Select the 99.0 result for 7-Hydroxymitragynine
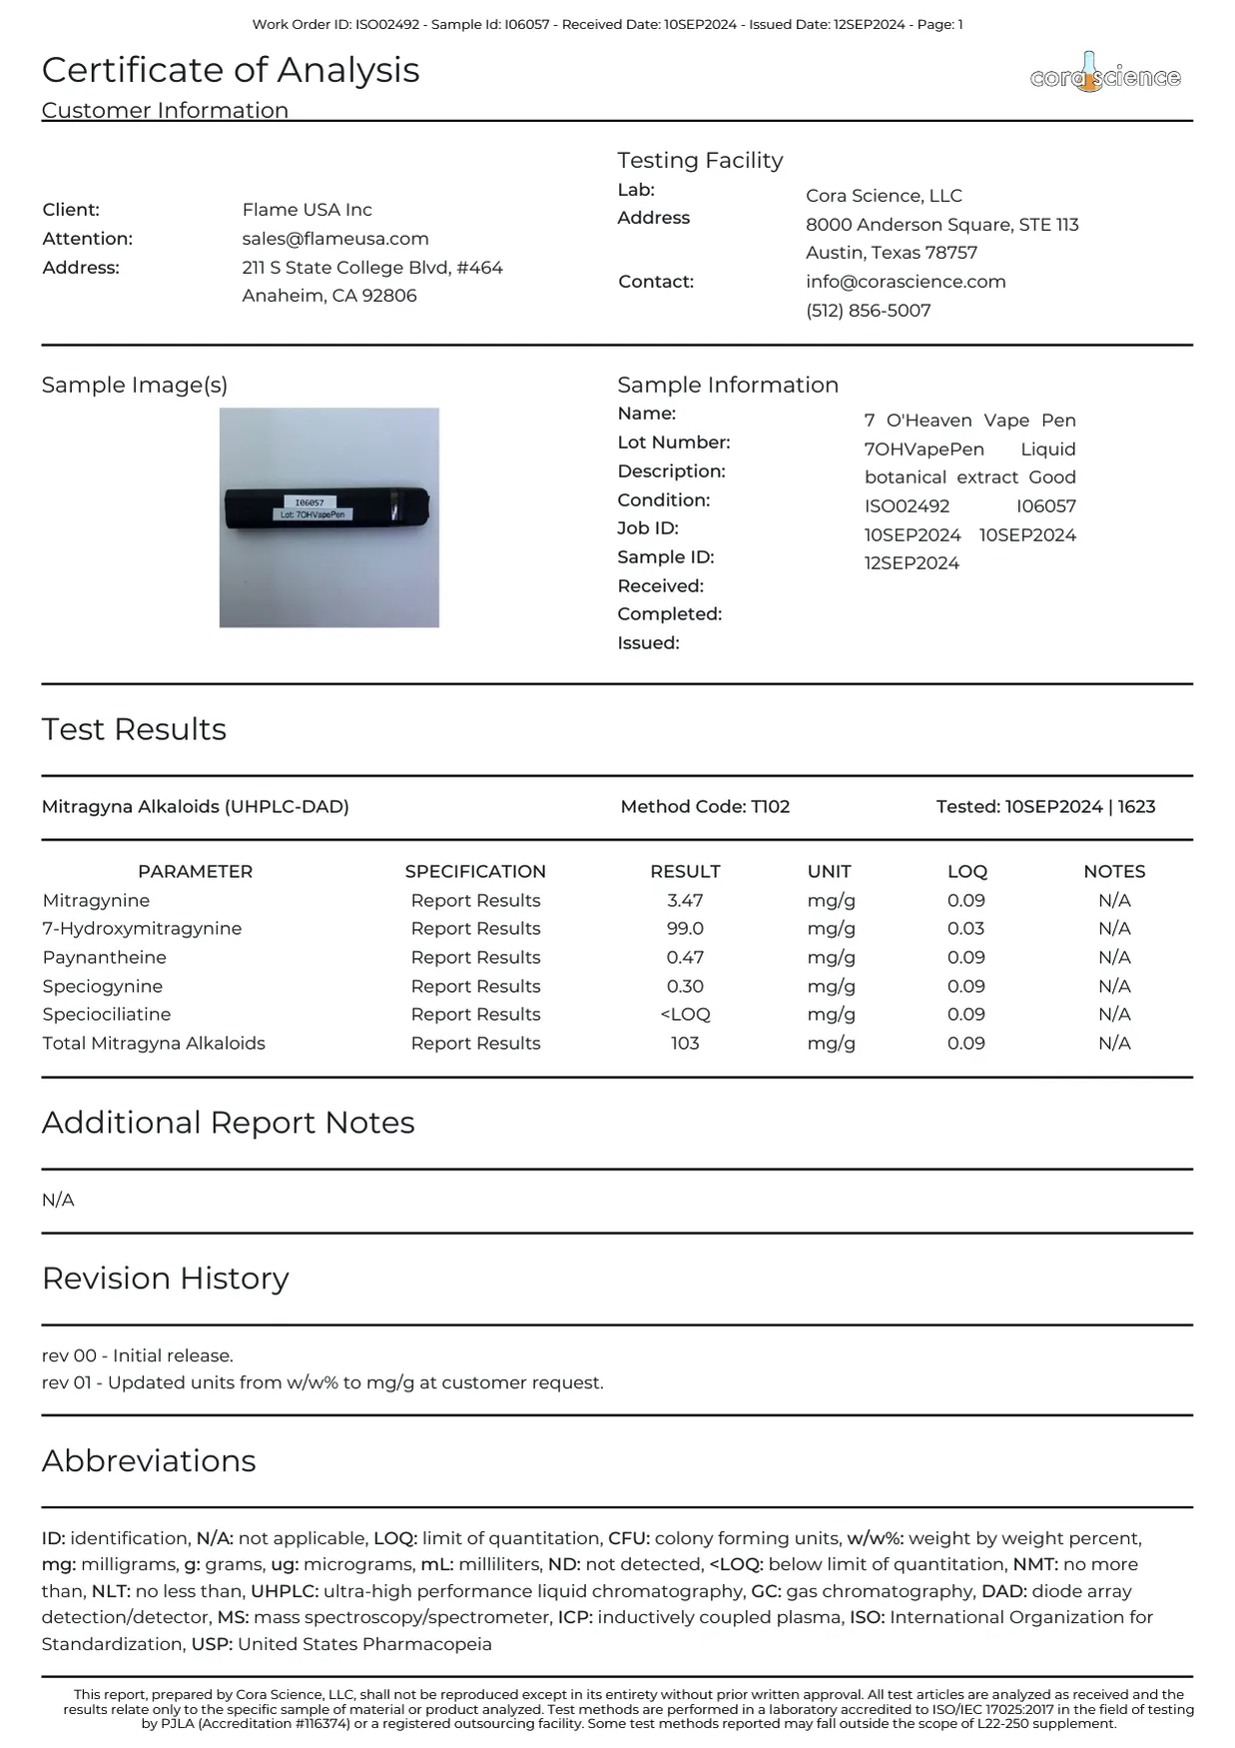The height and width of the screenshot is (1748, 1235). click(x=685, y=928)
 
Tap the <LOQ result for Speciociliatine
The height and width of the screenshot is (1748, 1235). click(x=685, y=1014)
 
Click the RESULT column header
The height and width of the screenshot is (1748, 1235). click(x=685, y=871)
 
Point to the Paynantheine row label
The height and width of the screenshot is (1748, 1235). click(x=105, y=957)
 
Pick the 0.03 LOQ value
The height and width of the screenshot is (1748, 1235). click(x=965, y=928)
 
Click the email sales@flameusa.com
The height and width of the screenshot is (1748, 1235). click(x=335, y=239)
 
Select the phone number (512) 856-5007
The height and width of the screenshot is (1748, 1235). click(x=869, y=311)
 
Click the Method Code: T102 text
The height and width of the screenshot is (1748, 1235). click(x=705, y=806)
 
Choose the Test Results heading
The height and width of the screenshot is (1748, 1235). click(x=134, y=729)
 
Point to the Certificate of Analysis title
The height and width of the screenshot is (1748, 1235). click(x=231, y=70)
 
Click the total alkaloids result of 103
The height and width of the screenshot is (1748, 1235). click(x=685, y=1043)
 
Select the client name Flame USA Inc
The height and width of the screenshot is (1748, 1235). click(x=307, y=210)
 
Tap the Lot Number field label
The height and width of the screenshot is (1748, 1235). click(x=674, y=442)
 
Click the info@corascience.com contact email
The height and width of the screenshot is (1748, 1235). click(x=906, y=282)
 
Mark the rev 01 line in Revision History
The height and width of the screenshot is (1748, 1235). click(x=322, y=1382)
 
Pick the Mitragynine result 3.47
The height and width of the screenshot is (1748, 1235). click(x=685, y=900)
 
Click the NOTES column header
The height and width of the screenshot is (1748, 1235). click(x=1114, y=871)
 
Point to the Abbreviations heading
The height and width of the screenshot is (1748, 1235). click(x=149, y=1460)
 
